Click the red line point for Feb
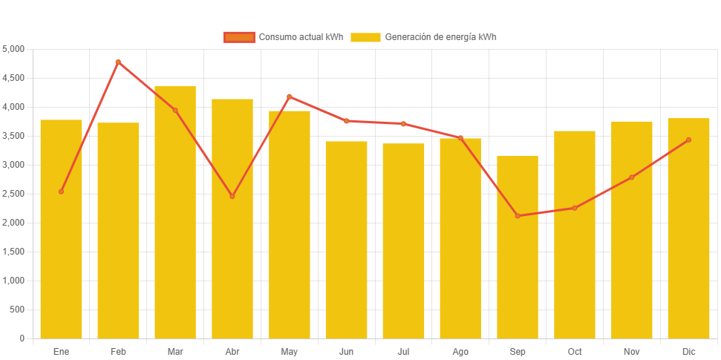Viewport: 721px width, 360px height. click(x=118, y=62)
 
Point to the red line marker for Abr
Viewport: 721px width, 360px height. click(x=232, y=196)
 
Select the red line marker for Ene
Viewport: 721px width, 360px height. click(x=61, y=192)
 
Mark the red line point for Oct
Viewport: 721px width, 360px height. click(x=574, y=208)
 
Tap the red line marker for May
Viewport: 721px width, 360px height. click(x=289, y=96)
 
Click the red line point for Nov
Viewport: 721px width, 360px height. click(x=631, y=177)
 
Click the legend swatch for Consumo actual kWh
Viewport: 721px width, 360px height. click(x=239, y=37)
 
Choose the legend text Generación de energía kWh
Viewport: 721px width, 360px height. click(x=440, y=37)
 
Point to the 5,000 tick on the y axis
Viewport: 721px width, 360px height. click(x=13, y=49)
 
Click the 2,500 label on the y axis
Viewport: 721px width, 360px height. click(x=13, y=194)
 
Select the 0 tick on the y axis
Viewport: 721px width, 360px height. click(x=22, y=338)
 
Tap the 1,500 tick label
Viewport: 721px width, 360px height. click(x=13, y=252)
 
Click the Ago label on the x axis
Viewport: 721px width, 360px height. click(x=460, y=351)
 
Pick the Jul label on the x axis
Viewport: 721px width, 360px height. click(x=403, y=351)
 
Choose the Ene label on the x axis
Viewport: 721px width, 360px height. click(x=61, y=351)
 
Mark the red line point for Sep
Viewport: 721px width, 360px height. click(x=518, y=216)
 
